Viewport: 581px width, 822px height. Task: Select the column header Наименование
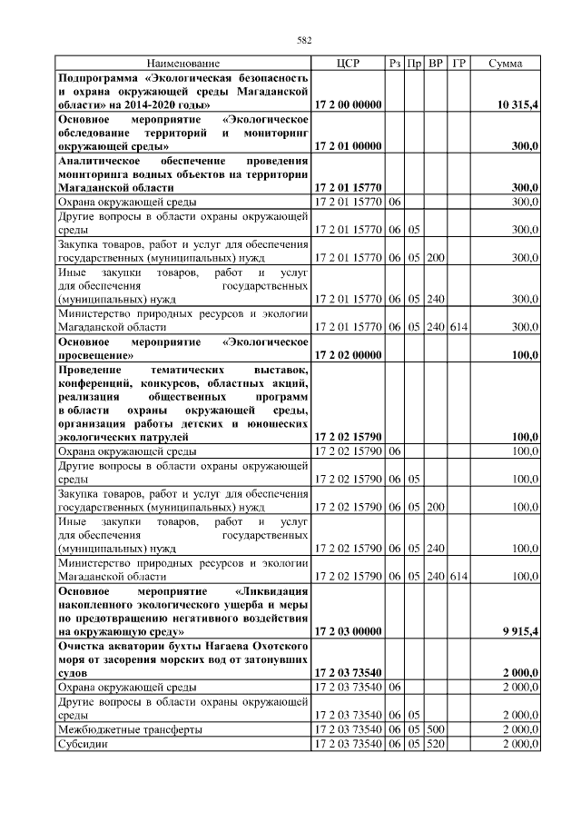[182, 64]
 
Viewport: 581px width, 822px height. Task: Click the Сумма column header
[505, 64]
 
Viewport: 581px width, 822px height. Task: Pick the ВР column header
[436, 64]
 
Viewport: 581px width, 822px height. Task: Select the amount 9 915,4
[517, 630]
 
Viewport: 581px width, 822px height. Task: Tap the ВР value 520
[436, 744]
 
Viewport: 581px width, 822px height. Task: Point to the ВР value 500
[436, 729]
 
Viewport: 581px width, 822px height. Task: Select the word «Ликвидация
[270, 589]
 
